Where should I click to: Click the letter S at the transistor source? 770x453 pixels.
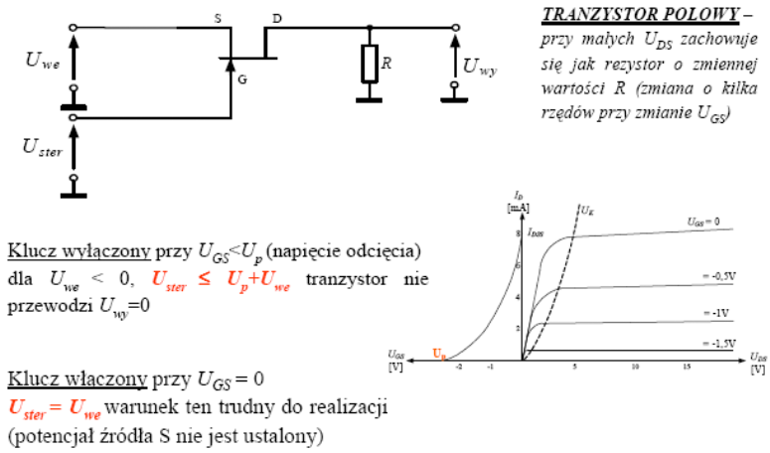pos(218,17)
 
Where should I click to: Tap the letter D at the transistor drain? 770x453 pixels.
pos(276,17)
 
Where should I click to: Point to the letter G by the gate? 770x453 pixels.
pos(242,78)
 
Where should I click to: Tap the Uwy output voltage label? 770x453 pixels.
pos(482,69)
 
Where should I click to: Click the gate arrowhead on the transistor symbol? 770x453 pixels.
pos(231,66)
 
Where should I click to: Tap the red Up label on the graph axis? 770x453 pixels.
pos(439,352)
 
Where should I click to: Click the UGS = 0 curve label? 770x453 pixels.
pos(704,220)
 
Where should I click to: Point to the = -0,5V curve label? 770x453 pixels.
pos(720,275)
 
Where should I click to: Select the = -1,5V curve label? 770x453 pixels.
pos(718,343)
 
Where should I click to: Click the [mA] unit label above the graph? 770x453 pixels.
pos(518,208)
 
